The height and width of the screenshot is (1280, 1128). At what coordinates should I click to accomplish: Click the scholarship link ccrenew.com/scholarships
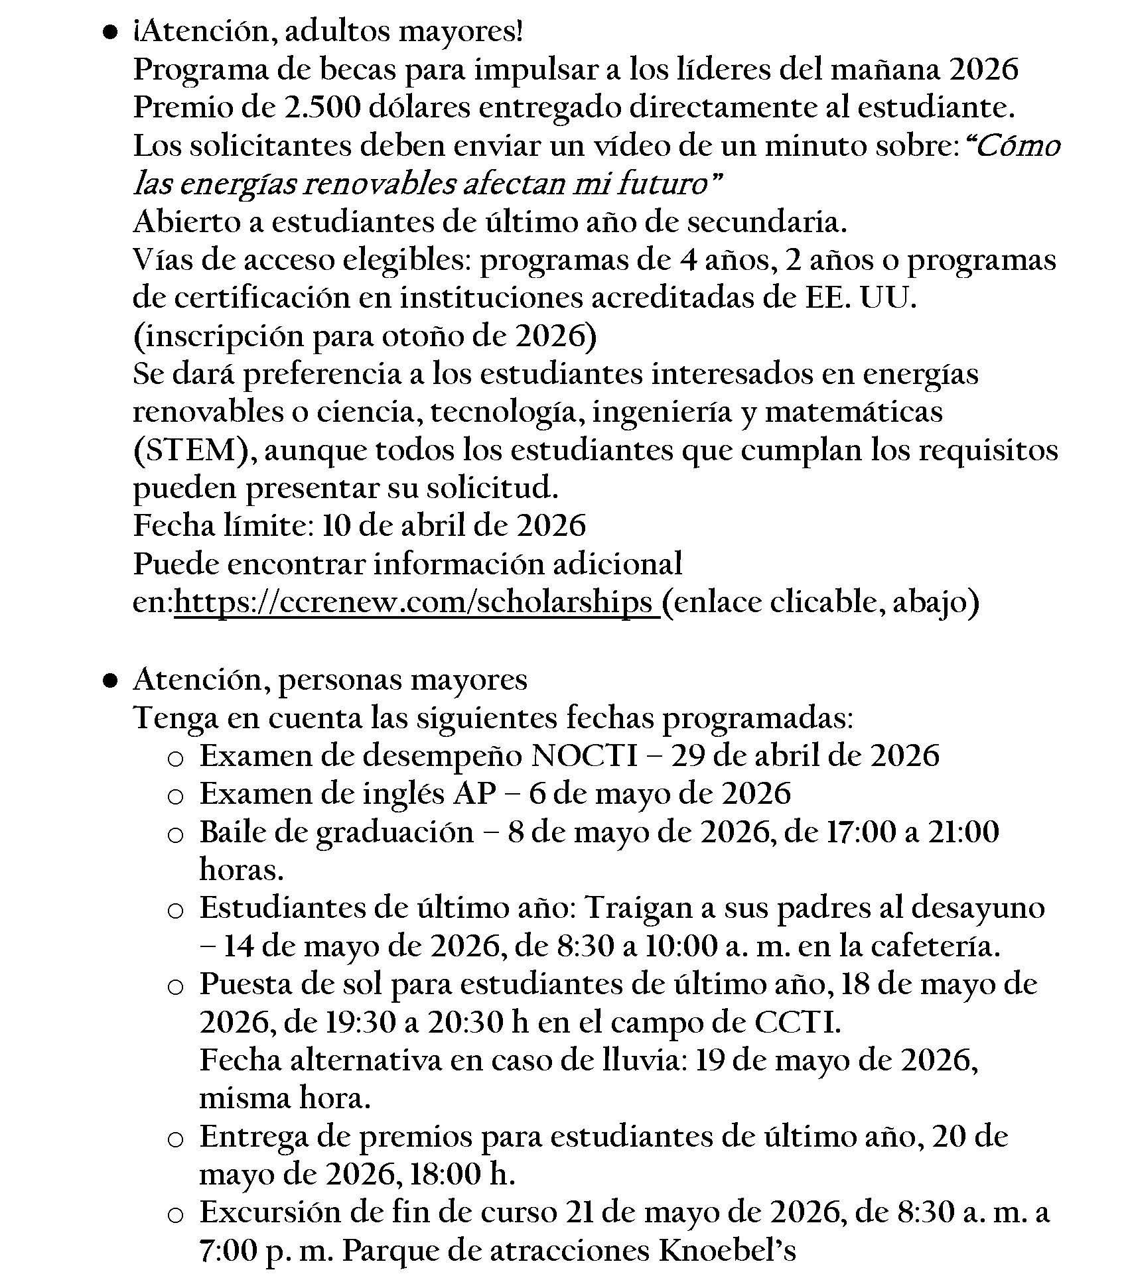tap(416, 602)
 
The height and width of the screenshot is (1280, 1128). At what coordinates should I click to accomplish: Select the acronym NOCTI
tap(585, 755)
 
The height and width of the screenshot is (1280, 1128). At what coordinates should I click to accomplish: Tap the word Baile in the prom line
tap(232, 832)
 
